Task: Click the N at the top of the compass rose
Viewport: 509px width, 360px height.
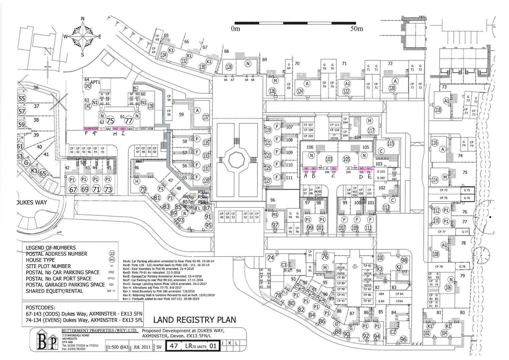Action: click(x=83, y=19)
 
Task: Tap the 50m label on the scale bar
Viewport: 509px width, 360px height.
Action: click(x=356, y=29)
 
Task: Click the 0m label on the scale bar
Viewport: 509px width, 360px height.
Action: click(x=235, y=29)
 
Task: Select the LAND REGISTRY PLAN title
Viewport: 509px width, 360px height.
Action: click(x=194, y=320)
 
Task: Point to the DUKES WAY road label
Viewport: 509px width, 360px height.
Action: click(x=32, y=202)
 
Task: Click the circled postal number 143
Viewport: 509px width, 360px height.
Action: click(x=88, y=86)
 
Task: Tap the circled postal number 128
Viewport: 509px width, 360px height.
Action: click(x=229, y=67)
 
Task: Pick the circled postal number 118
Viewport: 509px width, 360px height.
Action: click(x=438, y=110)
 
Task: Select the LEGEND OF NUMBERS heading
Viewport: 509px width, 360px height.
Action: click(x=51, y=248)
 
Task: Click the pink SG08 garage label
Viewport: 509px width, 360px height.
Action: click(x=87, y=129)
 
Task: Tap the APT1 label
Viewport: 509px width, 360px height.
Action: click(x=95, y=82)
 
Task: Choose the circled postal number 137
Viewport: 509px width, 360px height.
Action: click(x=206, y=117)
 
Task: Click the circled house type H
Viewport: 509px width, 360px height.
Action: click(x=136, y=181)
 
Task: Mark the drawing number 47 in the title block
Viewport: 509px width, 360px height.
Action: click(x=174, y=346)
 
